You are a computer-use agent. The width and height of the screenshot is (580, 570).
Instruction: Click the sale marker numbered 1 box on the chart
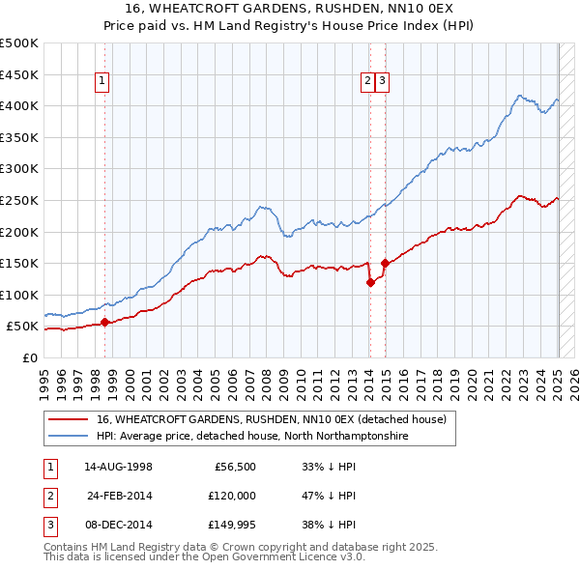pyautogui.click(x=101, y=82)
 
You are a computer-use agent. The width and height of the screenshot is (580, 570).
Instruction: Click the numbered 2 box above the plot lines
pyautogui.click(x=368, y=82)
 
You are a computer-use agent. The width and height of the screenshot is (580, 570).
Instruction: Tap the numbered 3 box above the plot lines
pyautogui.click(x=383, y=82)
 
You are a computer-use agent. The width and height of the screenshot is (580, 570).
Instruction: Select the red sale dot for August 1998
pyautogui.click(x=104, y=323)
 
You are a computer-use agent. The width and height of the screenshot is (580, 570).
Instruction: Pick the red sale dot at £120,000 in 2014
pyautogui.click(x=370, y=282)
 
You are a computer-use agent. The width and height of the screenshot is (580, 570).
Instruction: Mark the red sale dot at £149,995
pyautogui.click(x=385, y=263)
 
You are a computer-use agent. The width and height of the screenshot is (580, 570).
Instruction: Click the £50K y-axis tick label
pyautogui.click(x=23, y=327)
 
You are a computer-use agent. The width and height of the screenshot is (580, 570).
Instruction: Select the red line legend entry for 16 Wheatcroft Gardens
pyautogui.click(x=271, y=420)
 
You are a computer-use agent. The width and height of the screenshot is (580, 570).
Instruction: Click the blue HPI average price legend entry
pyautogui.click(x=252, y=437)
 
